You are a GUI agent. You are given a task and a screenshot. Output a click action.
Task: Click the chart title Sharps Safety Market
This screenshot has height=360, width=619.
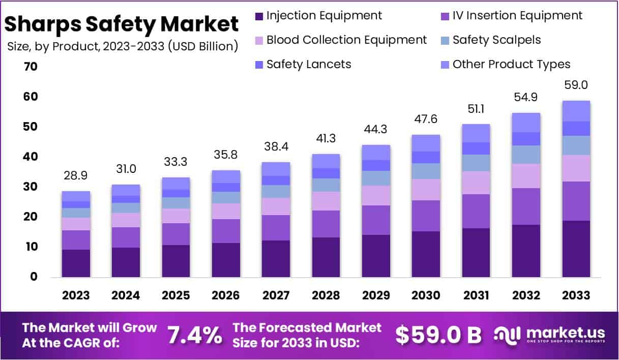(122, 24)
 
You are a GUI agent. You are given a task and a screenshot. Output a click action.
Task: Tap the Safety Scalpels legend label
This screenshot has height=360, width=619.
(496, 40)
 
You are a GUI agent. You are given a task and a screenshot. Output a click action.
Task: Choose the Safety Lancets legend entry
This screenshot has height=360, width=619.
(308, 65)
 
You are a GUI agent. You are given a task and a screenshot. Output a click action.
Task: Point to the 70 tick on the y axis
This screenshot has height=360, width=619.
(30, 67)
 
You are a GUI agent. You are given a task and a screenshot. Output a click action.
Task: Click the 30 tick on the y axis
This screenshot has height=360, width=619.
(30, 187)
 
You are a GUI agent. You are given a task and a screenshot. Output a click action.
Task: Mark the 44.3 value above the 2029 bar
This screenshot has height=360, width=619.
(376, 130)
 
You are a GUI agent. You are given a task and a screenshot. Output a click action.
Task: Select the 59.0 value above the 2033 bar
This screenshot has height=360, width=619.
(576, 85)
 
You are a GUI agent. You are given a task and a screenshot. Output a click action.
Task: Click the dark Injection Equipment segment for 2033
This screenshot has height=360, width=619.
(576, 249)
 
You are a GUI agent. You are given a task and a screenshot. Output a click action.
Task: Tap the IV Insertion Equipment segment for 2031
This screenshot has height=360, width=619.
(476, 211)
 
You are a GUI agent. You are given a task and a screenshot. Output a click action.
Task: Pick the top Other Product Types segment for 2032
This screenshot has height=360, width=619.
(526, 123)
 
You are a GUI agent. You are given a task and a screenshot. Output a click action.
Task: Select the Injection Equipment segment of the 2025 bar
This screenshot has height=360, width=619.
(175, 261)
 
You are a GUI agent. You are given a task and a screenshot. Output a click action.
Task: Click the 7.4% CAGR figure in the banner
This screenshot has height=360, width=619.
(195, 335)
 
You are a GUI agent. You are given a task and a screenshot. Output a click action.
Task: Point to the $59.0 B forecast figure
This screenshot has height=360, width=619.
(438, 335)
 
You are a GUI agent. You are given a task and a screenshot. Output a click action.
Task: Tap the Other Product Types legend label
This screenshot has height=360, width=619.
(511, 65)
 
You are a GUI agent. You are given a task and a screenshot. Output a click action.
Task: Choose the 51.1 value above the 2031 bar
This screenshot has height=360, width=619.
(476, 109)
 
